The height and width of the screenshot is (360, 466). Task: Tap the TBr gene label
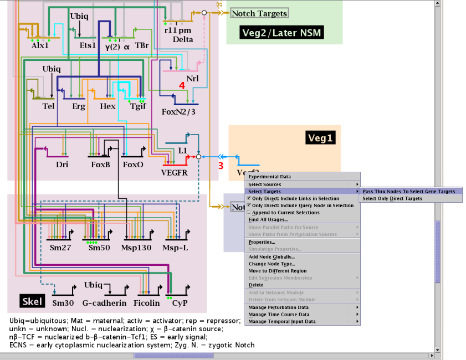pos(142,47)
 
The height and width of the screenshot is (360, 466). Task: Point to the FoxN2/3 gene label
pos(178,112)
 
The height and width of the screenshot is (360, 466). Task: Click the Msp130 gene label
pos(136,248)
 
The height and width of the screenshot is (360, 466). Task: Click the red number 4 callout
pos(181,85)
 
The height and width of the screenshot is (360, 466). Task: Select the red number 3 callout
pos(220,165)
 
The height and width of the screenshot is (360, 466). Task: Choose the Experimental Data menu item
pos(269,177)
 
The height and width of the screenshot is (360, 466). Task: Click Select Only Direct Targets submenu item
pos(392,198)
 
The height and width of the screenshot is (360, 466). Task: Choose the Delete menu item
pos(256,285)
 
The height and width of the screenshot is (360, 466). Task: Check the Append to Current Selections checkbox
pos(249,212)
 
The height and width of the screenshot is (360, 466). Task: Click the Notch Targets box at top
pos(259,13)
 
